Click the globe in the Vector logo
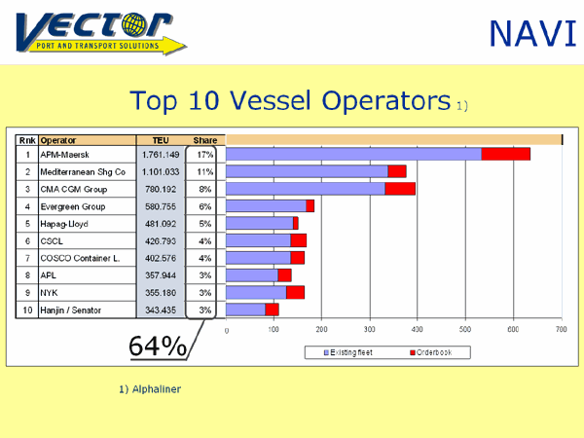click(134, 24)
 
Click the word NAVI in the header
click(533, 34)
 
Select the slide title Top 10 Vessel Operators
click(290, 100)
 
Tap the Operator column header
click(58, 140)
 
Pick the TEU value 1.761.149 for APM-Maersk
click(161, 155)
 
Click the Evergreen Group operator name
click(73, 206)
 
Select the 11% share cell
click(204, 171)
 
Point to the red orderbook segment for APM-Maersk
click(505, 154)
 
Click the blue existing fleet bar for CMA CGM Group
click(306, 189)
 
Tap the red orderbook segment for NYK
click(295, 292)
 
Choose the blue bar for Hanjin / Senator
click(245, 310)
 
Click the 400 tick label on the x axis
click(418, 329)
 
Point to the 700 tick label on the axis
click(562, 329)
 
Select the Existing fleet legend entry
click(347, 352)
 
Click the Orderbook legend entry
click(431, 352)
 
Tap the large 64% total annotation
click(158, 347)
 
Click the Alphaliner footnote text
click(150, 389)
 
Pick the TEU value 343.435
click(161, 310)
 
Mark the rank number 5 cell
click(27, 224)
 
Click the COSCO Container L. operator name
click(80, 258)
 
